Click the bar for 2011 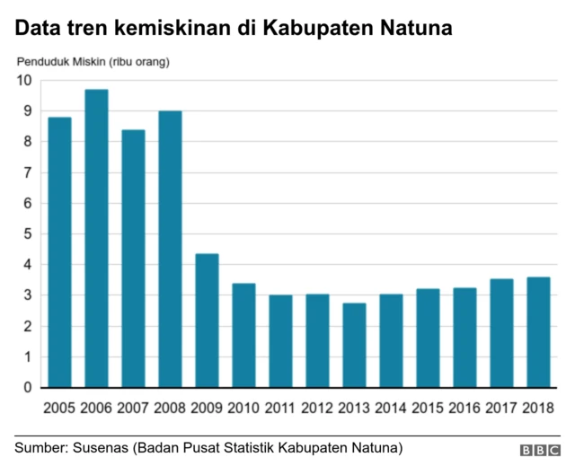tap(280, 341)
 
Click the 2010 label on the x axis tap(243, 409)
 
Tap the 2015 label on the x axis tap(428, 409)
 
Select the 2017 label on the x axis tap(501, 409)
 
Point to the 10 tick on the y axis tap(23, 81)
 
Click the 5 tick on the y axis tap(28, 234)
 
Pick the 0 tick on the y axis tap(28, 388)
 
